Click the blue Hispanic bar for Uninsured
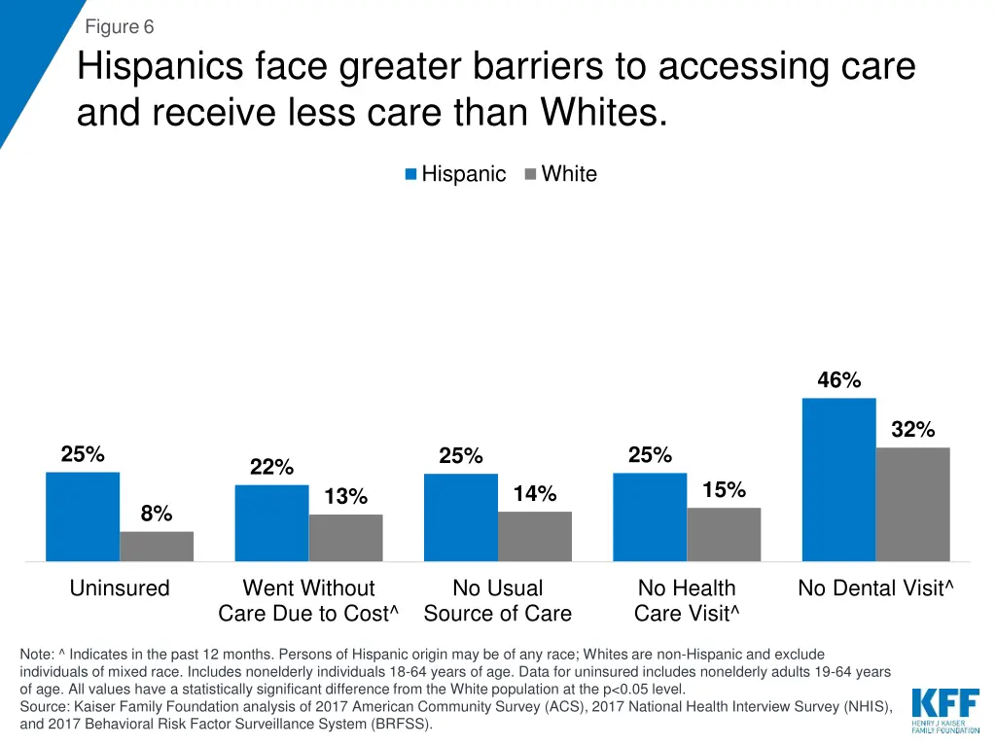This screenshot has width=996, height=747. click(83, 516)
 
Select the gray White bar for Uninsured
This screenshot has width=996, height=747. click(157, 547)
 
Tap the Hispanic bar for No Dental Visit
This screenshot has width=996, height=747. click(838, 480)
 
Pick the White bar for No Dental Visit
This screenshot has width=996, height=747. click(912, 504)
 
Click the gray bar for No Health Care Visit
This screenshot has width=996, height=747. click(724, 534)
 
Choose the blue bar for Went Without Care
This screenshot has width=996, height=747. click(271, 522)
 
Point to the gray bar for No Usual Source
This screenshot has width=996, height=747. click(535, 536)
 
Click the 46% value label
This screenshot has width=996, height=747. click(838, 380)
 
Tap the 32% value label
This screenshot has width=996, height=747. click(912, 430)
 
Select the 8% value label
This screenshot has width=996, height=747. click(157, 514)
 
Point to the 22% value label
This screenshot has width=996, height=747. click(271, 467)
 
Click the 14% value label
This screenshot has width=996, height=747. click(535, 494)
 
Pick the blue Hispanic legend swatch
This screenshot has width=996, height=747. click(411, 174)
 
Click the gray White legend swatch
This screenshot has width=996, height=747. click(530, 174)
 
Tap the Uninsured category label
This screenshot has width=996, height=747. click(120, 588)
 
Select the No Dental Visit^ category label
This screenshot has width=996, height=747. click(875, 588)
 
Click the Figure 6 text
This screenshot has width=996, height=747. click(120, 27)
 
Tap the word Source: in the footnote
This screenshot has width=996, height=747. click(44, 707)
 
